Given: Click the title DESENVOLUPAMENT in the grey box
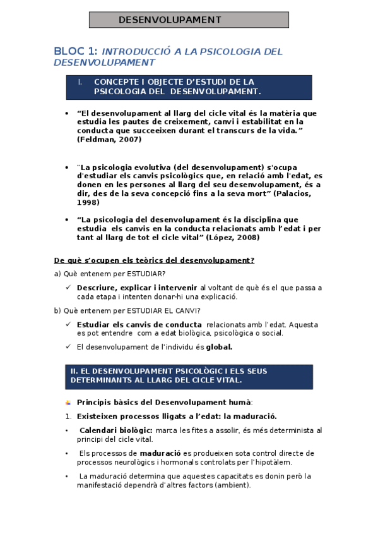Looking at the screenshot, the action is (170, 20).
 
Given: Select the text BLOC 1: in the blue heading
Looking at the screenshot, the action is (75, 51).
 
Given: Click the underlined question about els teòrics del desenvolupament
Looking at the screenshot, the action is (154, 260).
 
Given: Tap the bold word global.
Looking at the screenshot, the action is (220, 346).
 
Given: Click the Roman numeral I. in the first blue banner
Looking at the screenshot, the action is (80, 82).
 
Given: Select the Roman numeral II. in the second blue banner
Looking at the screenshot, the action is (73, 370).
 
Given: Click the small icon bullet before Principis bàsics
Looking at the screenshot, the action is (68, 402).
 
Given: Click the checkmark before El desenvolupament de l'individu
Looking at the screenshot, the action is (68, 346).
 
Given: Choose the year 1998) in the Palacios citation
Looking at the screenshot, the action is (88, 202).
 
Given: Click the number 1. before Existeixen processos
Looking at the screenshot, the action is (68, 416).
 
